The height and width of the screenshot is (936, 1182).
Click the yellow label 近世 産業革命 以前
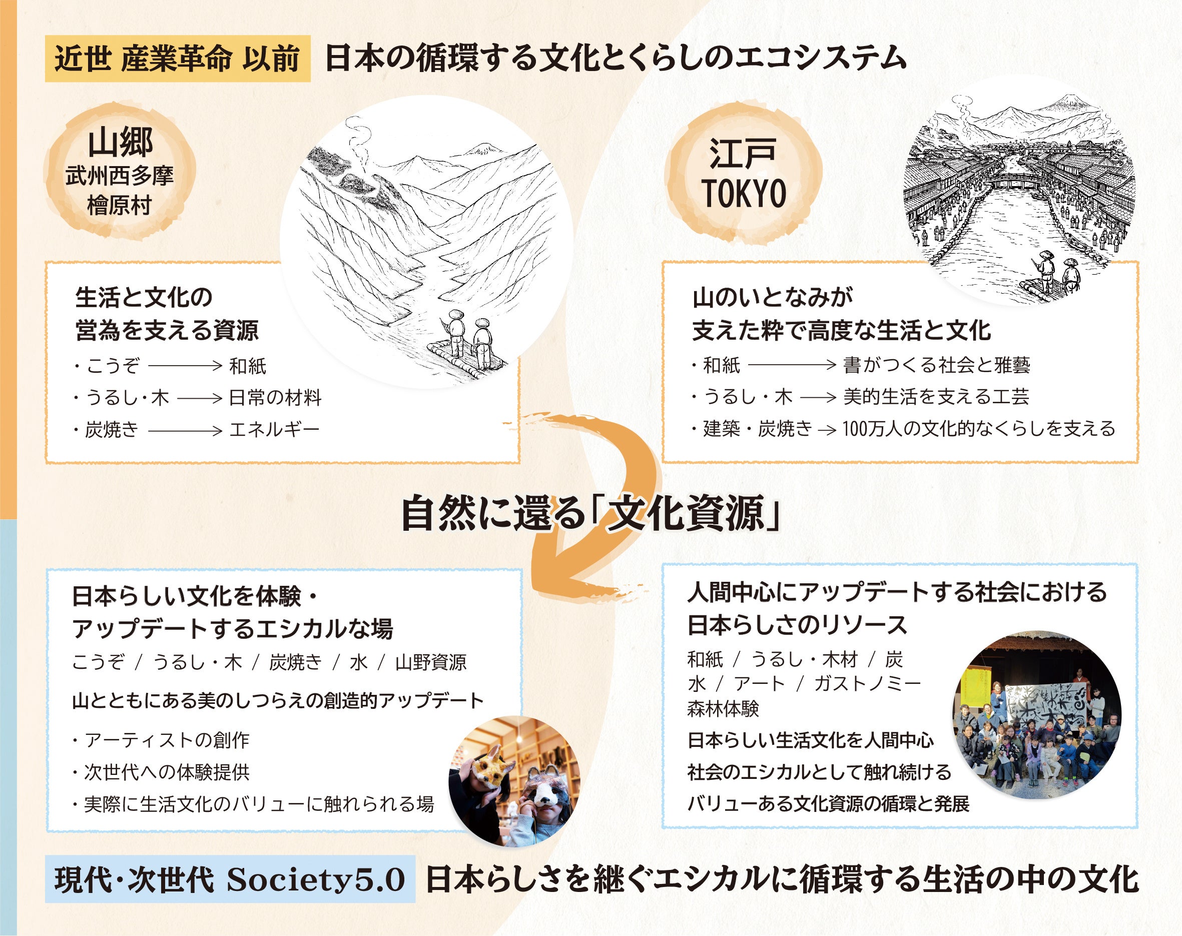[177, 59]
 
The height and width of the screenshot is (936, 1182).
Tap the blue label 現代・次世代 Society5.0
[230, 879]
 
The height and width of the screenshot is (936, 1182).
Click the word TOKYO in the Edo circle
[744, 194]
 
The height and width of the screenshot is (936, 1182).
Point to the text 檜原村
[119, 206]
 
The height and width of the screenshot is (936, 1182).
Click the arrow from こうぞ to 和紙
[184, 366]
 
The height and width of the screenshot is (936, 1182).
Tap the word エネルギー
[274, 429]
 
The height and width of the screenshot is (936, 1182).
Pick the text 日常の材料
[275, 397]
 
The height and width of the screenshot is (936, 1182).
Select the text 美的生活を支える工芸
[936, 397]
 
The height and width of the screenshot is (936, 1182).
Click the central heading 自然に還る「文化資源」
[590, 513]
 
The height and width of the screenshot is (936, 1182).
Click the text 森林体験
[723, 709]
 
